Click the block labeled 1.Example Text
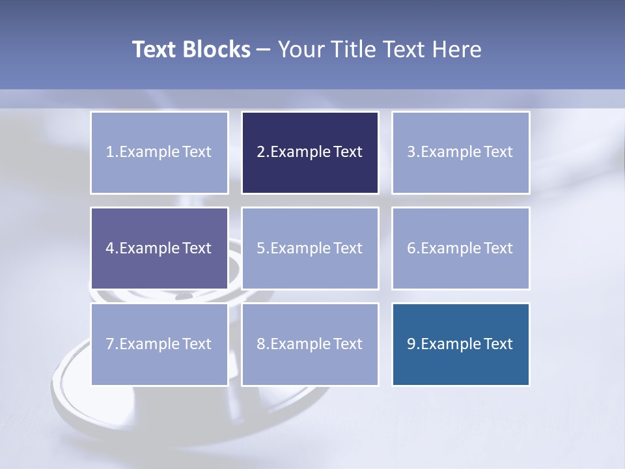pyautogui.click(x=160, y=152)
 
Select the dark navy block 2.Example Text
pyautogui.click(x=310, y=152)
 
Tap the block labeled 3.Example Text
pyautogui.click(x=460, y=152)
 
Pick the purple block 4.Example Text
pyautogui.click(x=160, y=248)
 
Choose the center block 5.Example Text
pyautogui.click(x=310, y=248)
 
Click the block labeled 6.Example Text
pyautogui.click(x=460, y=248)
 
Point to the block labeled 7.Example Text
pyautogui.click(x=160, y=344)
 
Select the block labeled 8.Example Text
pyautogui.click(x=310, y=344)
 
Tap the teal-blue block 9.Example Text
pyautogui.click(x=460, y=344)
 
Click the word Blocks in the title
pyautogui.click(x=217, y=50)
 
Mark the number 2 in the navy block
pyautogui.click(x=260, y=152)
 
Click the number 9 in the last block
pyautogui.click(x=411, y=344)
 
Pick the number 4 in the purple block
pyautogui.click(x=110, y=248)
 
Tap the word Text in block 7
pyautogui.click(x=197, y=344)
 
